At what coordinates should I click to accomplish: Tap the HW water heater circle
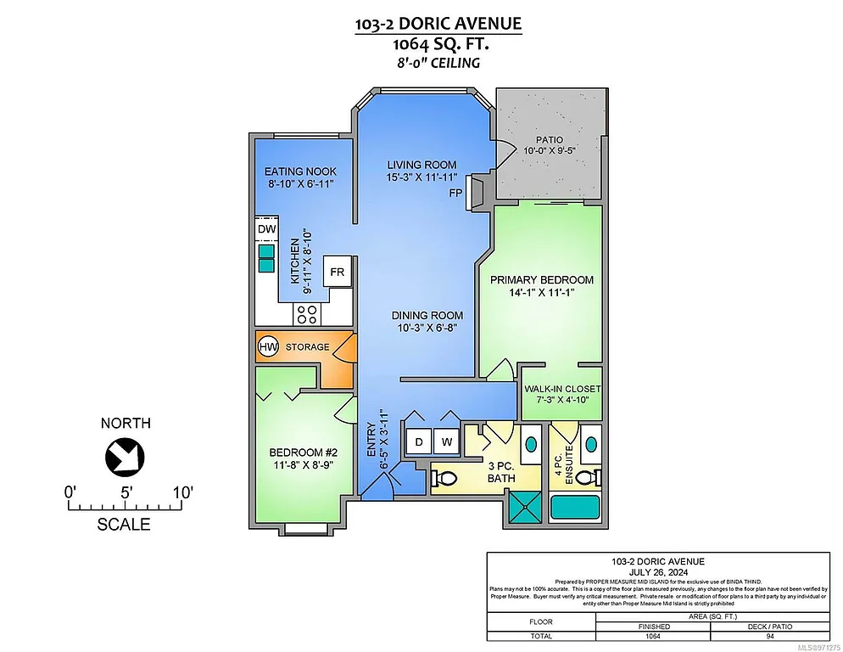[268, 346]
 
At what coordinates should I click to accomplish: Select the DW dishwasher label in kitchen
[265, 229]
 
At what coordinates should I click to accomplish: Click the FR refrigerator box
[337, 273]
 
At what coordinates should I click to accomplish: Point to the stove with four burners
[306, 314]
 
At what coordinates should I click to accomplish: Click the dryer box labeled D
[419, 441]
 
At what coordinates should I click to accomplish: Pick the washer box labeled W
[446, 441]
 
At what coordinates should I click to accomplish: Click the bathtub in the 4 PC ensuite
[575, 508]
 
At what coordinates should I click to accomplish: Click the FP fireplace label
[456, 194]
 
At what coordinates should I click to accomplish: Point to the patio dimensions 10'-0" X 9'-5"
[549, 151]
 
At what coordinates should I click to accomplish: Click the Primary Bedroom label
[541, 279]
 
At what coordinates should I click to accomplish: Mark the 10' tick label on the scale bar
[182, 491]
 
